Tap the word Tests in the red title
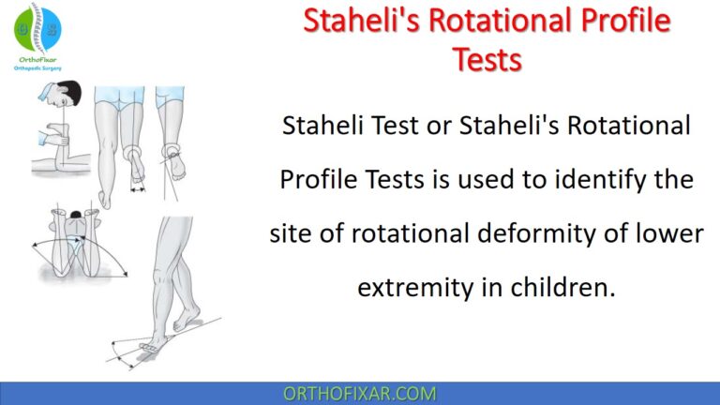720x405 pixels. tap(487, 58)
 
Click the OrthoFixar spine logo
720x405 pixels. tap(37, 28)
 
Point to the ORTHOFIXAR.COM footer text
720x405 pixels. tap(359, 393)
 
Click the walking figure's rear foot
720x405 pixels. tap(146, 346)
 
